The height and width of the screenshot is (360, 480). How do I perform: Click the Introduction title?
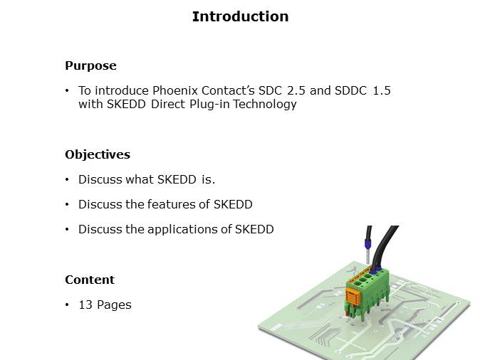[x=240, y=16]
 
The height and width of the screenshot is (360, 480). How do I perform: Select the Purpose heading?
[x=90, y=65]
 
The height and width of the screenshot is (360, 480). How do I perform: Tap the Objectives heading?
[x=98, y=155]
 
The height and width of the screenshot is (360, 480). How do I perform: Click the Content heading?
[x=90, y=280]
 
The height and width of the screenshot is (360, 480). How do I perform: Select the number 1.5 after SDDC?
[x=382, y=90]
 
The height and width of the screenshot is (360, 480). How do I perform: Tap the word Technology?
[x=265, y=105]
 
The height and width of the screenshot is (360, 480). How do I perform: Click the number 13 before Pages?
[x=85, y=305]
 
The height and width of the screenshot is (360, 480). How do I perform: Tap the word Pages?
[x=114, y=305]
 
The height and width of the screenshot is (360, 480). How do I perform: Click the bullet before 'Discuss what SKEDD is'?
[x=67, y=179]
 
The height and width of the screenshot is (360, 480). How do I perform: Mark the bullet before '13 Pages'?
[x=67, y=305]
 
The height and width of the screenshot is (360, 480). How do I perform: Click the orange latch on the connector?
[x=353, y=296]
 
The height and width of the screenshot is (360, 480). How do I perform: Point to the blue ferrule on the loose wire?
[x=367, y=244]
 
